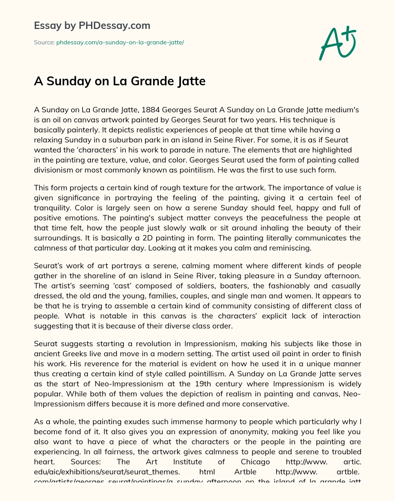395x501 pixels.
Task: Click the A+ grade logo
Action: [x=337, y=43]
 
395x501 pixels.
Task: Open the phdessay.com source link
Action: [x=120, y=42]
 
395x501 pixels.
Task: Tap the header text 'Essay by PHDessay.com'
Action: [x=92, y=26]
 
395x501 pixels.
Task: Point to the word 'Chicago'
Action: [x=255, y=462]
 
